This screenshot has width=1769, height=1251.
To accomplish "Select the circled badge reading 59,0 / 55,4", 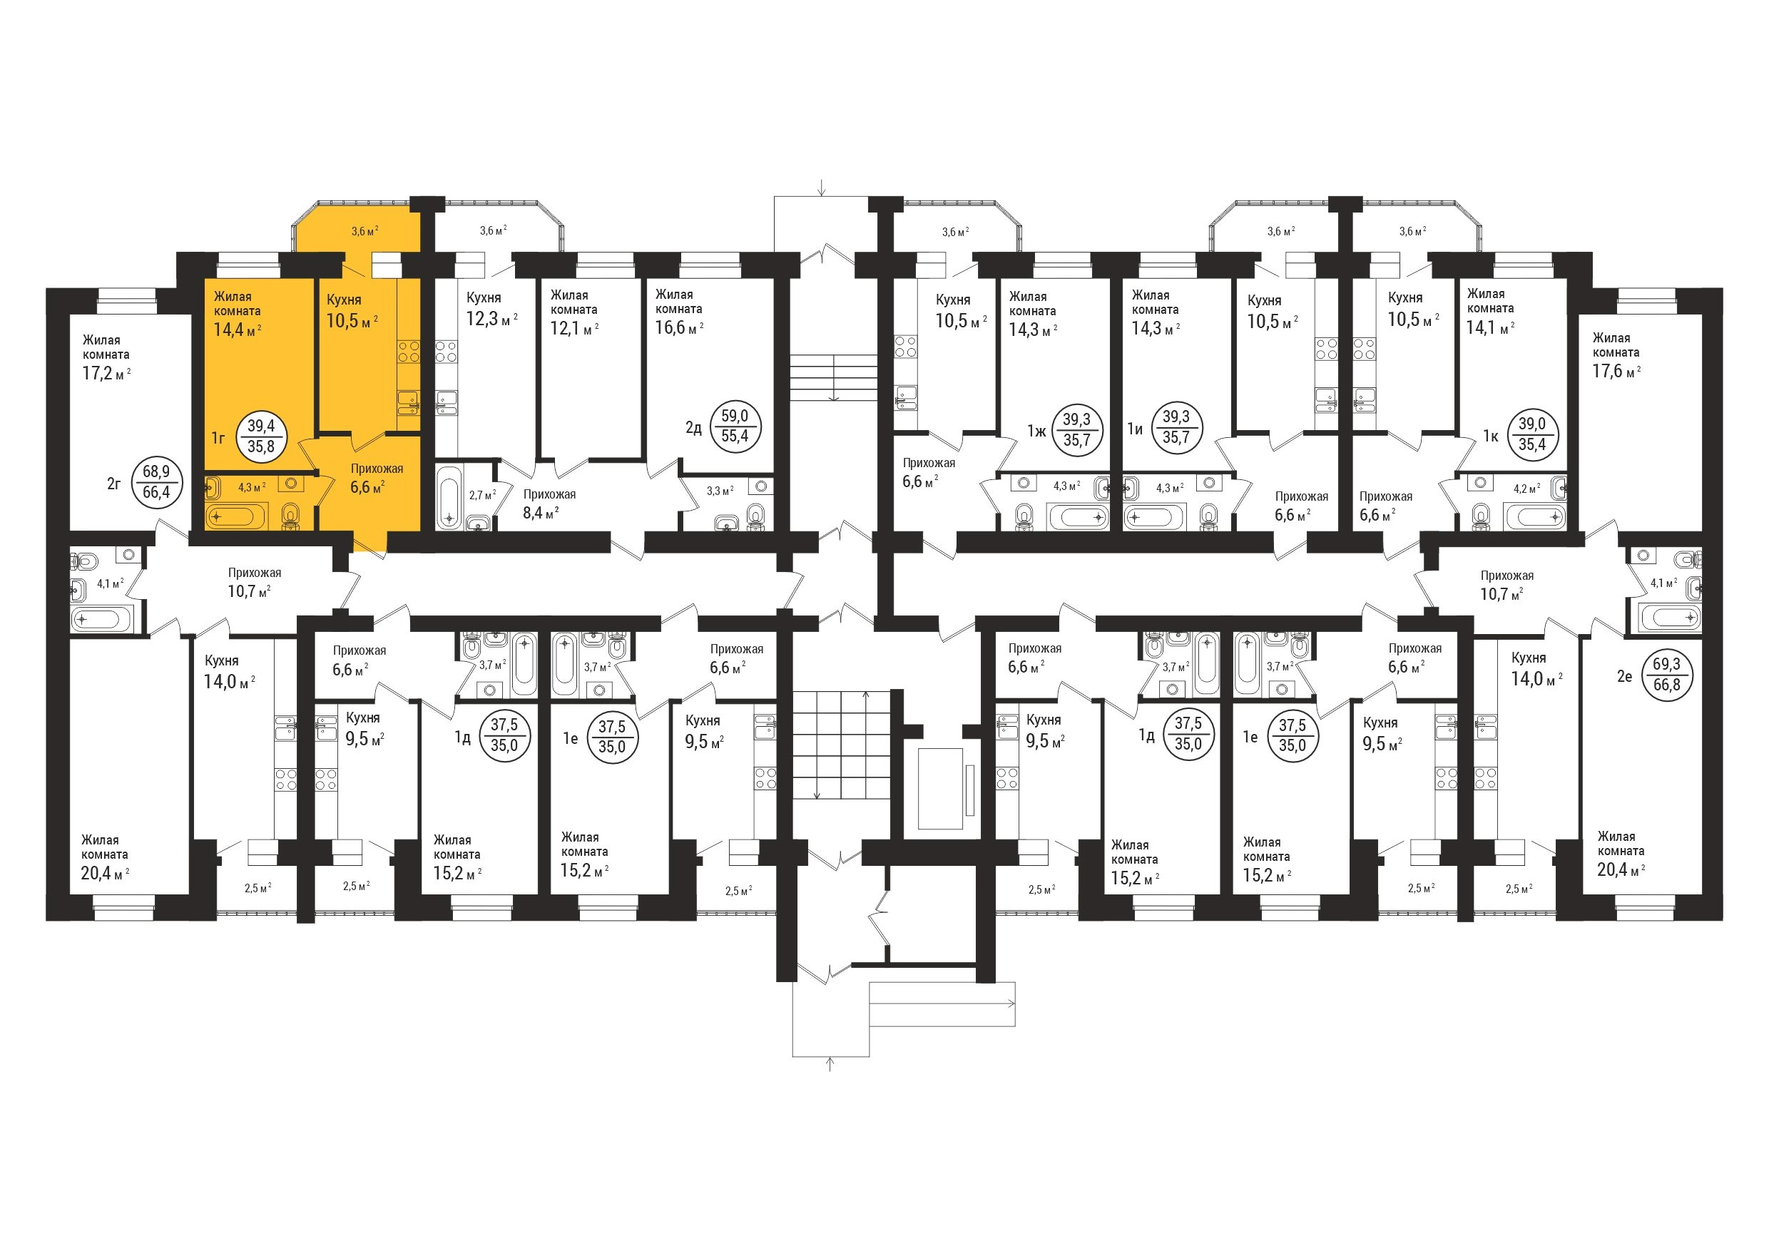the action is (x=735, y=426).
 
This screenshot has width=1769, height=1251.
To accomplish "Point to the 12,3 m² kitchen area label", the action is (x=491, y=319).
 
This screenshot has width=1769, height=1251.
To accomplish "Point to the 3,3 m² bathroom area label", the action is (x=720, y=491).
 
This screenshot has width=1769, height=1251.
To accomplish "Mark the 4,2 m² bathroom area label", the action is (x=1526, y=488).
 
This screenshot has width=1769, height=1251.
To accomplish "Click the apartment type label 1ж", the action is (x=1036, y=430).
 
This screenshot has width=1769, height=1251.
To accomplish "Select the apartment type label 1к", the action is (x=1491, y=435).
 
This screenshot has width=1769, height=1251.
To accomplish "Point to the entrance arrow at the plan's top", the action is (x=823, y=187).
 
